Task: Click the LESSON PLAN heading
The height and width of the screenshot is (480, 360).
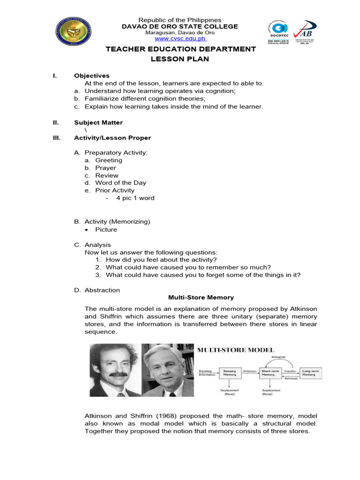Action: [180, 59]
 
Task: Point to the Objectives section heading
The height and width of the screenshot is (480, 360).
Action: [91, 75]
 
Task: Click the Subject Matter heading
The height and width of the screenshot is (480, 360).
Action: [98, 122]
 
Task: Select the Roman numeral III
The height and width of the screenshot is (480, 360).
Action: [56, 138]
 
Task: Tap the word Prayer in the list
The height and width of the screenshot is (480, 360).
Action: [105, 168]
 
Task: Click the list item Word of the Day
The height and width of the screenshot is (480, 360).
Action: [120, 183]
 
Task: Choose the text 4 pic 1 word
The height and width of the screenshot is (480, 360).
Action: [135, 198]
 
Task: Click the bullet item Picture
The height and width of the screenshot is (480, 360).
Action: [106, 230]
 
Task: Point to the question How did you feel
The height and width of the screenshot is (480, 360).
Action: [161, 260]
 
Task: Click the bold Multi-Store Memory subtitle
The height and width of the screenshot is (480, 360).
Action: [201, 297]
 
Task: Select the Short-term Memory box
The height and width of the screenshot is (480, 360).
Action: [268, 373]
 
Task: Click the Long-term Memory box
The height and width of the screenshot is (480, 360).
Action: [308, 373]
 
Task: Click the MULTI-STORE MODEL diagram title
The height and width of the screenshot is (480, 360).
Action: [235, 350]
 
